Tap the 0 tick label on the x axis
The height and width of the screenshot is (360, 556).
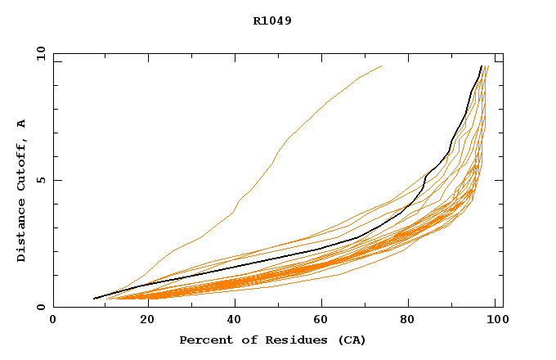click(53, 322)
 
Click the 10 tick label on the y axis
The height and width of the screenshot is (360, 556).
click(40, 54)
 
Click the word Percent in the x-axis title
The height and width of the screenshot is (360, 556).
click(202, 340)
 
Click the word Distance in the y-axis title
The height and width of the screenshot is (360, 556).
click(21, 230)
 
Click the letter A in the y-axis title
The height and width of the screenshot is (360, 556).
click(21, 124)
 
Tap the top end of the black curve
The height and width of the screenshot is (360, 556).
click(481, 66)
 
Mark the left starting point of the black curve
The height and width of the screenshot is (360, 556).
click(95, 299)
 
